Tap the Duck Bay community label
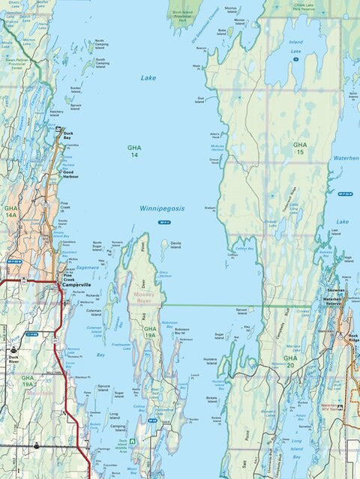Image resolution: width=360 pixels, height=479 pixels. point(68,136)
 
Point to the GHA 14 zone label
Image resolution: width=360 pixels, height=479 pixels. point(133,151)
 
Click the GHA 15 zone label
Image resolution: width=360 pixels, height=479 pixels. point(300,148)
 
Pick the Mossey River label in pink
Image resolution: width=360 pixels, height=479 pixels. point(142,296)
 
